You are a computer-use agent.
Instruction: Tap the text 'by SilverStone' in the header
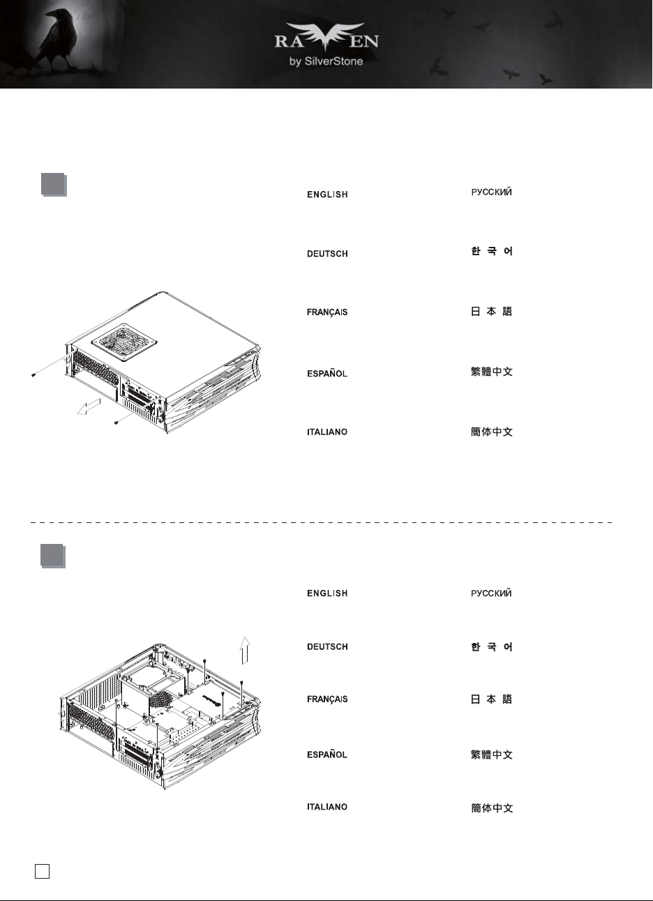click(326, 61)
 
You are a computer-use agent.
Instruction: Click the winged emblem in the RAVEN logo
click(326, 36)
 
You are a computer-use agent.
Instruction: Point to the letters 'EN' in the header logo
click(363, 41)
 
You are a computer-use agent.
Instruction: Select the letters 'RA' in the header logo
click(289, 41)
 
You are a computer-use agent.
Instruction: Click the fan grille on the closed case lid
click(124, 342)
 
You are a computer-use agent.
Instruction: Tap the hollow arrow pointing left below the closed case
click(89, 407)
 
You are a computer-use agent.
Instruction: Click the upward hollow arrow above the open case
click(245, 651)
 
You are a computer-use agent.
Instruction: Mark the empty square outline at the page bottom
click(43, 871)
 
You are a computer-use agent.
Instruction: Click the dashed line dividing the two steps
click(322, 522)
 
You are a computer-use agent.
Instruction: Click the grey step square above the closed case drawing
click(54, 185)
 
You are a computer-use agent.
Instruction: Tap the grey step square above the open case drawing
click(53, 556)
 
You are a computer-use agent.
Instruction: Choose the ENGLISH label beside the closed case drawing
click(327, 195)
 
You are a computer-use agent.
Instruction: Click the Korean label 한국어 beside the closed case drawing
click(492, 251)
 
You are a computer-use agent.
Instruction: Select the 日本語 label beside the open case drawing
click(491, 699)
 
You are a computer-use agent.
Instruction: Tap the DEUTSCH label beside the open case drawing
click(327, 646)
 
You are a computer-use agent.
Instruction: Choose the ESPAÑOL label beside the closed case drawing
click(327, 373)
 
